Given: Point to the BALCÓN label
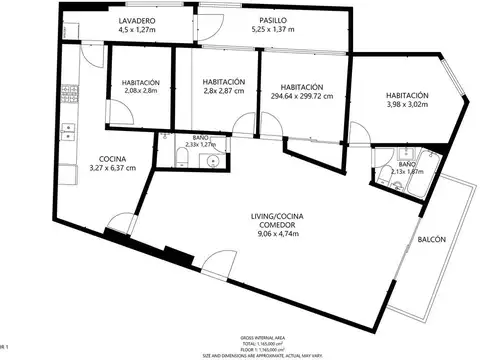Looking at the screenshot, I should tap(432, 239).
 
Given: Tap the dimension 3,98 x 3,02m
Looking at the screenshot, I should tap(408, 103).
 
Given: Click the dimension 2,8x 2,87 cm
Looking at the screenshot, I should tap(222, 91).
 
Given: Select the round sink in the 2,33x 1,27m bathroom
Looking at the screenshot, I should tap(211, 160).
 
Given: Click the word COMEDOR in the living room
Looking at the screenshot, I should tap(272, 226).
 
